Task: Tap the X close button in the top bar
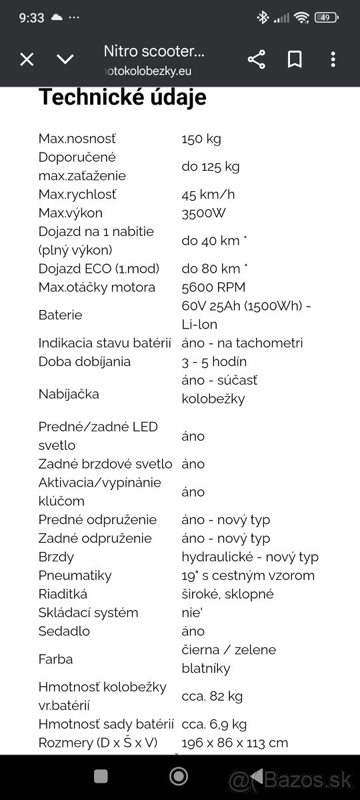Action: (27, 59)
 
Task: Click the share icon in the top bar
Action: (256, 59)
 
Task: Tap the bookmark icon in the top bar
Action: (295, 59)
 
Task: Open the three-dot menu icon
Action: (333, 59)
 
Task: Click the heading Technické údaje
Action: (122, 97)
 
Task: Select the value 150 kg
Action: (201, 139)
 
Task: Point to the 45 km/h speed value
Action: (208, 195)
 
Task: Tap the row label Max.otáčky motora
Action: (97, 287)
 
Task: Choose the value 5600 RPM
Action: (213, 287)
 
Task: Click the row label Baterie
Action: (61, 315)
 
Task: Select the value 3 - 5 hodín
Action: (214, 362)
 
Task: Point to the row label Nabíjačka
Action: (69, 394)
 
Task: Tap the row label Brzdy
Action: (56, 557)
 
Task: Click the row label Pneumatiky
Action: (75, 575)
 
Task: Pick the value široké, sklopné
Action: (227, 594)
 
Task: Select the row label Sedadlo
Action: (64, 631)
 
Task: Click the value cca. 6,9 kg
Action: (214, 724)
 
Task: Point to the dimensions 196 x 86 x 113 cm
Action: (235, 743)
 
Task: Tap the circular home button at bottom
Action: (179, 776)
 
